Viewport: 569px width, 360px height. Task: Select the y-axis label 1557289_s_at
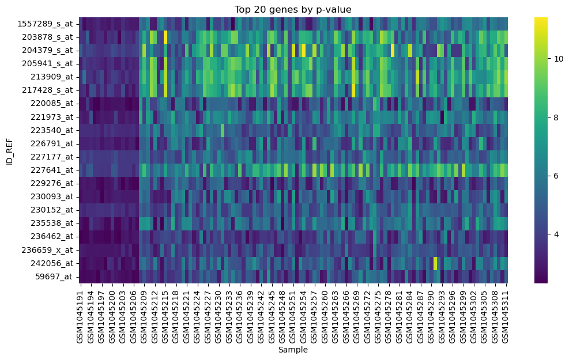point(45,24)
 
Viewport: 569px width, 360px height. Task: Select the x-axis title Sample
point(292,350)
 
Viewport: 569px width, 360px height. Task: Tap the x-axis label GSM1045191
point(81,314)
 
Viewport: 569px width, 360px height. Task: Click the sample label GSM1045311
point(506,314)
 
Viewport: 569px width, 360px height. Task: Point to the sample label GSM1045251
point(293,314)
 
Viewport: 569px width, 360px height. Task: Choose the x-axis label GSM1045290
point(432,314)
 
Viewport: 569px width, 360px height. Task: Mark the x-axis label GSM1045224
point(198,314)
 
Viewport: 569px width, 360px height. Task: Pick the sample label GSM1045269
point(357,314)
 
